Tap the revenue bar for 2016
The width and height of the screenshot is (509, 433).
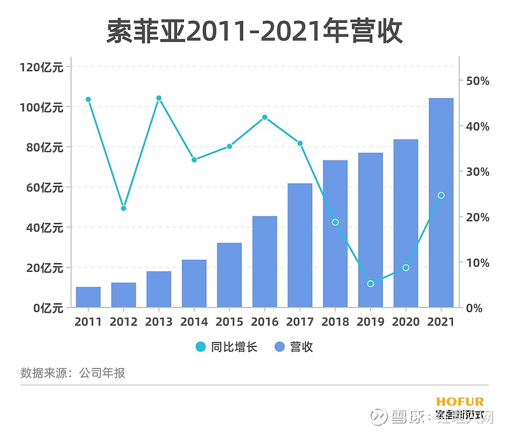(x=265, y=262)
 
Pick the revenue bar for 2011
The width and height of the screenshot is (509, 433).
(x=88, y=297)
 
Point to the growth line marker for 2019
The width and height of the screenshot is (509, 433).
(x=370, y=283)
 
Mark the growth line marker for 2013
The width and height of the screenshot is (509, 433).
(x=159, y=98)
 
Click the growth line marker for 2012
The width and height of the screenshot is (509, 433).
(x=123, y=208)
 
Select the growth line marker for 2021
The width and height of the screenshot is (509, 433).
(x=441, y=195)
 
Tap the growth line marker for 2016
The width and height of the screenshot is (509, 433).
(x=265, y=117)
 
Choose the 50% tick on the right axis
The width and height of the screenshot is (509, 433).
(x=477, y=81)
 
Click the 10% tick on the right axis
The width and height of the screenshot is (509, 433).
(x=477, y=262)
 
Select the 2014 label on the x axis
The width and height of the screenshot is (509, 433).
(x=194, y=322)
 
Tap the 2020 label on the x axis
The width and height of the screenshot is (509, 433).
(x=405, y=322)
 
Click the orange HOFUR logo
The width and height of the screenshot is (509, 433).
(x=460, y=402)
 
